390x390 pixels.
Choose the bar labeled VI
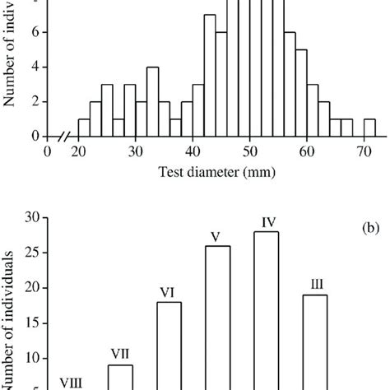(169, 346)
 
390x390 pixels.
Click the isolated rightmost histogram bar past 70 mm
(369, 128)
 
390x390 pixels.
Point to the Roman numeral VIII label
(72, 383)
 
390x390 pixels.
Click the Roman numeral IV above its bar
(268, 221)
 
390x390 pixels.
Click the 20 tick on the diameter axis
(79, 151)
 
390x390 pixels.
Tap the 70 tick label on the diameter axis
(364, 151)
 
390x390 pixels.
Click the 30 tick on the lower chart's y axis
(34, 218)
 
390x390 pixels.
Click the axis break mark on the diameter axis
(62, 137)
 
